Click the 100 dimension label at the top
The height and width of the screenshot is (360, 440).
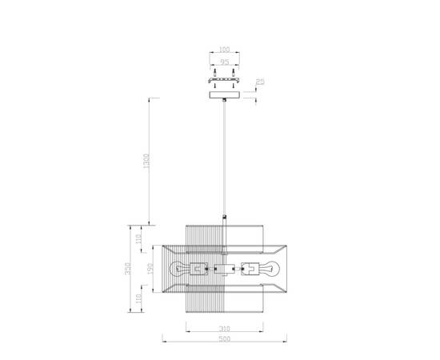(x=226, y=50)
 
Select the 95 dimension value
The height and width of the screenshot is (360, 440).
(x=226, y=61)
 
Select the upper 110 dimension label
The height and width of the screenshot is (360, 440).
(x=139, y=238)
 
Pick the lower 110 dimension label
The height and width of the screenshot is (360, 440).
(x=139, y=299)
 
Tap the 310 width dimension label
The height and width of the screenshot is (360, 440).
(x=226, y=328)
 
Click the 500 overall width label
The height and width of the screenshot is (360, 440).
(x=226, y=340)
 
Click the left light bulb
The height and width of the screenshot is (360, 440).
(x=178, y=268)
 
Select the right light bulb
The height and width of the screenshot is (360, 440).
(x=271, y=268)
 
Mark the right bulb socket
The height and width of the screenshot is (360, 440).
(x=250, y=268)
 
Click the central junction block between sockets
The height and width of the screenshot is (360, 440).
(x=225, y=269)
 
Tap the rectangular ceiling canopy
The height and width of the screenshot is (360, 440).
(x=226, y=95)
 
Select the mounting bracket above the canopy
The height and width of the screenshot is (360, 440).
(x=226, y=80)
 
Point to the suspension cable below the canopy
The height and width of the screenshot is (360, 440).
(x=226, y=160)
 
